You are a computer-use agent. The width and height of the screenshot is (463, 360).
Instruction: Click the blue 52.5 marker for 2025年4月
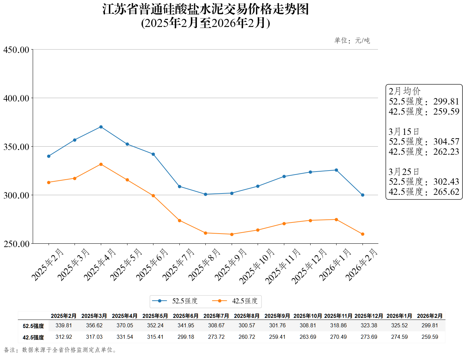click(101, 127)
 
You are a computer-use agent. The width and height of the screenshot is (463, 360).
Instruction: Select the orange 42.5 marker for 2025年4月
click(101, 164)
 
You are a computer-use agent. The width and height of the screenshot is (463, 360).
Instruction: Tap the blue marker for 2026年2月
click(363, 195)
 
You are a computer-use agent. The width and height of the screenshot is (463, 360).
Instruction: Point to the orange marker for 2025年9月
click(232, 234)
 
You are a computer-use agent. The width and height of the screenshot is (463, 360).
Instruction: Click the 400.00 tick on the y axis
click(16, 98)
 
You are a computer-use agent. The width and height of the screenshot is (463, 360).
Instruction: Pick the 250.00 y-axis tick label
click(16, 244)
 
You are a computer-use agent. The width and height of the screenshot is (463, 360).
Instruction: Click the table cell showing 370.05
click(125, 326)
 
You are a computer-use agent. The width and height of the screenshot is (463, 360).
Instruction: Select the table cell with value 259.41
click(277, 337)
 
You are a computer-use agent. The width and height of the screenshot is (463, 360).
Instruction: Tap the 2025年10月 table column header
click(308, 316)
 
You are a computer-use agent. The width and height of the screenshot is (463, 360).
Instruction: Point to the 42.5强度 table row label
click(33, 337)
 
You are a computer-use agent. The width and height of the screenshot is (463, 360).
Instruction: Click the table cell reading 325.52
click(399, 326)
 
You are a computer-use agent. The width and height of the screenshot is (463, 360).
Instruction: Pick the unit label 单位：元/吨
click(352, 41)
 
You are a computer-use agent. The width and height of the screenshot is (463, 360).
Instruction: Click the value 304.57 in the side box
click(446, 142)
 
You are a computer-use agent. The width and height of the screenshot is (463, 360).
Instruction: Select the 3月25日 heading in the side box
click(404, 172)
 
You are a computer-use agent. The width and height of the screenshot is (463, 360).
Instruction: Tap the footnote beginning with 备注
click(61, 350)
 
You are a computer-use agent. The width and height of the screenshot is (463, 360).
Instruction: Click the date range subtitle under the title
click(205, 23)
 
